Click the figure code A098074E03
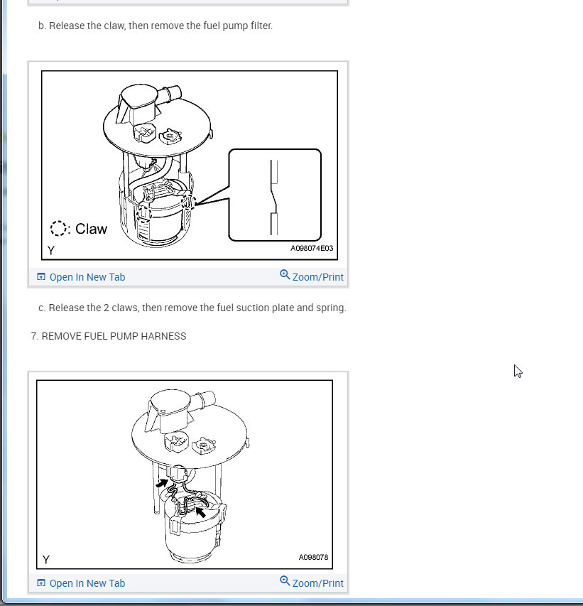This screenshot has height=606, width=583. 312,248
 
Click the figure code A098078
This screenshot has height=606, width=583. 313,557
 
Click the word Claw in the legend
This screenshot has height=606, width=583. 91,229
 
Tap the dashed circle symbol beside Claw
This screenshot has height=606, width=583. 58,229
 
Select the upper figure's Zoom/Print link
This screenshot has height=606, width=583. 312,276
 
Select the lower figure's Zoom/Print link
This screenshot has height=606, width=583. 312,583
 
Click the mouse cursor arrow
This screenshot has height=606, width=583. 518,371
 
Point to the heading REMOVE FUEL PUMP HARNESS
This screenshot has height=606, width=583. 114,336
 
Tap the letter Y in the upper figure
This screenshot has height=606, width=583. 51,251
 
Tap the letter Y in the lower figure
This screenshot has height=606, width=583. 46,560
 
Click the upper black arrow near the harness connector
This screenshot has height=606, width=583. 162,483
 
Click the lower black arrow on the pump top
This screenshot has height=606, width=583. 200,512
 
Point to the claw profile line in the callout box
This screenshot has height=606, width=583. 274,198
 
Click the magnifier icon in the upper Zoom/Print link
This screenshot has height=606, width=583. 285,275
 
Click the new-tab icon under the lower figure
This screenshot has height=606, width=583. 41,583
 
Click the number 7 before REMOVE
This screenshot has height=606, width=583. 33,336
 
